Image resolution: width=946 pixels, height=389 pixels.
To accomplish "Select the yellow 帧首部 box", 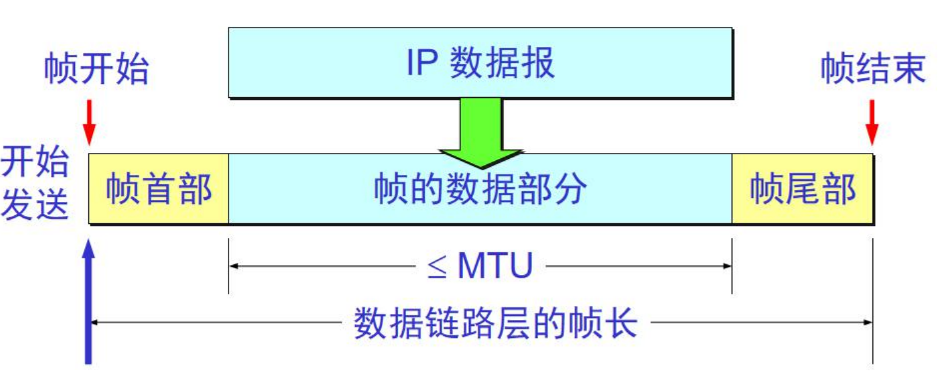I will [x=159, y=188].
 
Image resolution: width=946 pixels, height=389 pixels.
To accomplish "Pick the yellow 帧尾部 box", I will [x=802, y=188].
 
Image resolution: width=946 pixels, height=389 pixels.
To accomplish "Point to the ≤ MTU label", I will [x=480, y=267].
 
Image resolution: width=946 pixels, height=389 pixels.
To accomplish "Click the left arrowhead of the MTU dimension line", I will [x=234, y=266].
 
